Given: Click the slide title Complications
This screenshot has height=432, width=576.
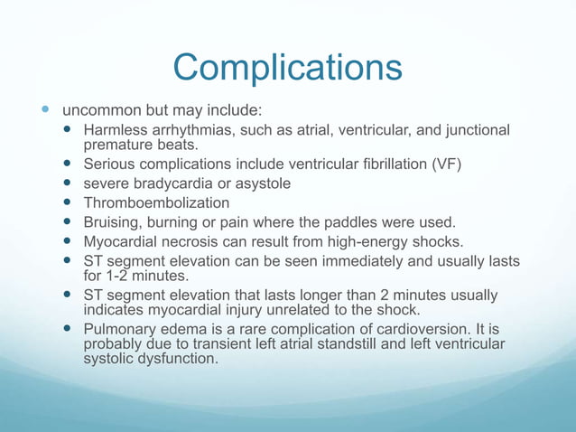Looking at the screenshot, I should [x=287, y=68].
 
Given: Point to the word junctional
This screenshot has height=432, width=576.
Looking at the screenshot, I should [x=476, y=131].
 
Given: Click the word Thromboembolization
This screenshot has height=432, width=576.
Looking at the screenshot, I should [x=156, y=203].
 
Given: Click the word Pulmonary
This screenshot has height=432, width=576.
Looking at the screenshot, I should [x=120, y=330].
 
